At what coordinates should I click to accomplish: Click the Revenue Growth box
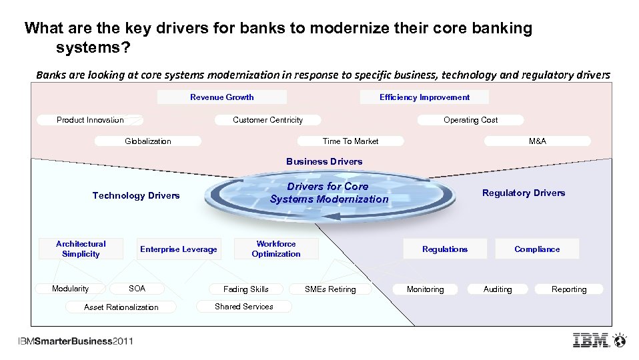pos(222,97)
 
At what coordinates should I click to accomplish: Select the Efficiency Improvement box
pos(424,97)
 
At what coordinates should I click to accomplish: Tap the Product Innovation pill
pos(90,120)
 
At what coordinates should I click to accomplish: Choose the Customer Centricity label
pos(267,120)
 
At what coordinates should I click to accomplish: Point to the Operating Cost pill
pos(470,120)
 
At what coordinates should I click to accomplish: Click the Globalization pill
pos(148,141)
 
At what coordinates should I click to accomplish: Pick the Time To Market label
pos(350,141)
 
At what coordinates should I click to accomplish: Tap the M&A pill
pos(537,141)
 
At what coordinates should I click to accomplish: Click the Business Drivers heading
pos(324,161)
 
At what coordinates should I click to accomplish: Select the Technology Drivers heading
pos(136,195)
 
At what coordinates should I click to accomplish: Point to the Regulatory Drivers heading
pos(524,193)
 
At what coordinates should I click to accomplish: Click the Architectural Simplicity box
pos(81,249)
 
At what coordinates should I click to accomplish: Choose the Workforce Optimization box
pos(276,249)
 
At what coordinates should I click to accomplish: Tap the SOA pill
pos(137,289)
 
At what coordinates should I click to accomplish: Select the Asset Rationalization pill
pos(121,307)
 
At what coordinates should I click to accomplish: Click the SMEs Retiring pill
pos(330,289)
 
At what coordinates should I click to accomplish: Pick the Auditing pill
pos(498,289)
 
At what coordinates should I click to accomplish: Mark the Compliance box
pos(537,249)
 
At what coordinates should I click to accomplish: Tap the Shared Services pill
pos(244,307)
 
